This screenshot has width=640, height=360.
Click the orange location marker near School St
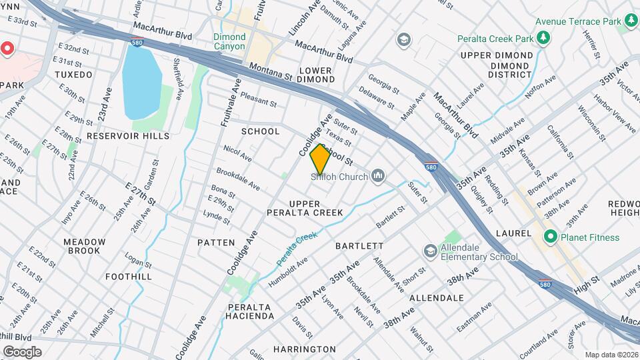pyautogui.click(x=320, y=159)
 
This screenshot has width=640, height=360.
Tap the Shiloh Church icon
pyautogui.click(x=379, y=177)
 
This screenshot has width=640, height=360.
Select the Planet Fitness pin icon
pyautogui.click(x=551, y=237)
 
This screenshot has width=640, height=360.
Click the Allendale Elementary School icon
pyautogui.click(x=431, y=251)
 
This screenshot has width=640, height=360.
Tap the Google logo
pyautogui.click(x=21, y=351)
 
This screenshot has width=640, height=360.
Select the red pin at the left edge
pyautogui.click(x=7, y=49)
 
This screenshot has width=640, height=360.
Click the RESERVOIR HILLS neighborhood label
pyautogui.click(x=128, y=136)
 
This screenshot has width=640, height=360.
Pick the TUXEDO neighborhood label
pyautogui.click(x=73, y=75)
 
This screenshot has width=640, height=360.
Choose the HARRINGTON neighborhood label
pyautogui.click(x=304, y=349)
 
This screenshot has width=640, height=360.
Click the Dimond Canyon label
pyautogui.click(x=229, y=41)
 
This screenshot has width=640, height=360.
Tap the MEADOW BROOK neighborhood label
pyautogui.click(x=85, y=246)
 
